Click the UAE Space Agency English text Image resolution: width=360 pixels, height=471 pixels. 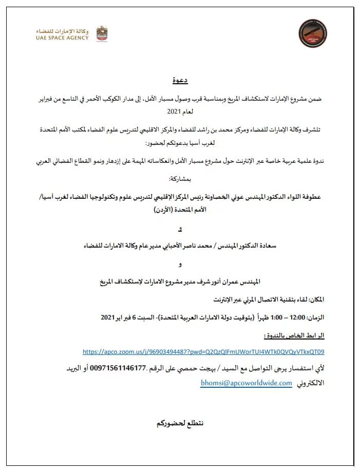(62, 37)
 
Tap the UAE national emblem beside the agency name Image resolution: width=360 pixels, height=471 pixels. (102, 33)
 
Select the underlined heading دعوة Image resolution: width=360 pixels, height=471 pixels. (180, 81)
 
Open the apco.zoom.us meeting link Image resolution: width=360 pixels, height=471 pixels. (203, 352)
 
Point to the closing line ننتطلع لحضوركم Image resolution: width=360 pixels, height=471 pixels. (180, 423)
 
